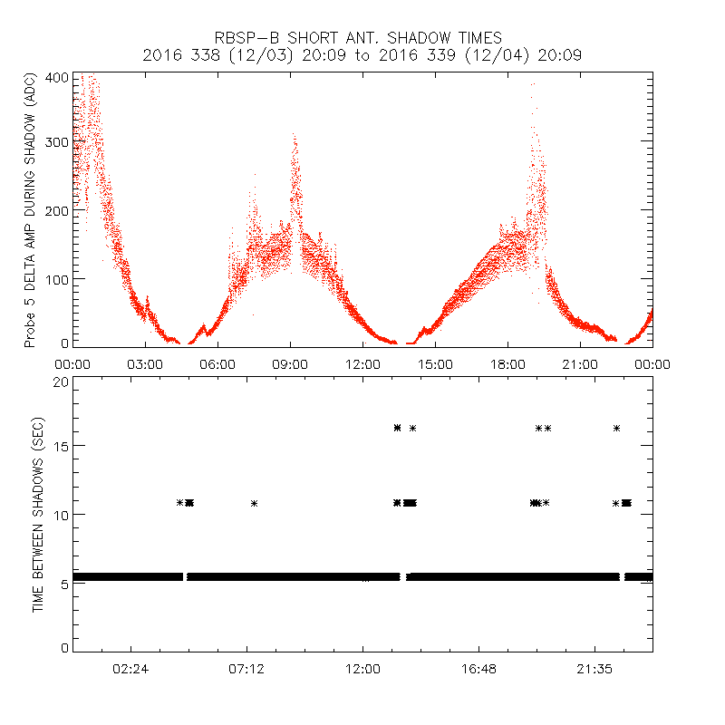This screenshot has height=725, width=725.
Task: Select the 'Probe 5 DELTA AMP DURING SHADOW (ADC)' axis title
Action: [31, 212]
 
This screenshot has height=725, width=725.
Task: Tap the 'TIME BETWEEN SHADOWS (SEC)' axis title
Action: [38, 515]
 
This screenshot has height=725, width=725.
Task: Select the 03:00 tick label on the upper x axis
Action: [145, 363]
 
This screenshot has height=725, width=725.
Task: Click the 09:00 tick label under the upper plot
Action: [290, 363]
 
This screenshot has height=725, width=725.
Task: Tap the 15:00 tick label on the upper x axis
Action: [435, 363]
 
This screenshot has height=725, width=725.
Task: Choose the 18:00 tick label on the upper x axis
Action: [507, 363]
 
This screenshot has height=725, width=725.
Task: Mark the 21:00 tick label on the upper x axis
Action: [580, 363]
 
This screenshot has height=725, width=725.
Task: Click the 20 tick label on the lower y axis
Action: [62, 382]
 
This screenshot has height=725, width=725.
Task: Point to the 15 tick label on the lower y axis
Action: [62, 446]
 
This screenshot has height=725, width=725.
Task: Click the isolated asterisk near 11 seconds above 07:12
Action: [255, 503]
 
